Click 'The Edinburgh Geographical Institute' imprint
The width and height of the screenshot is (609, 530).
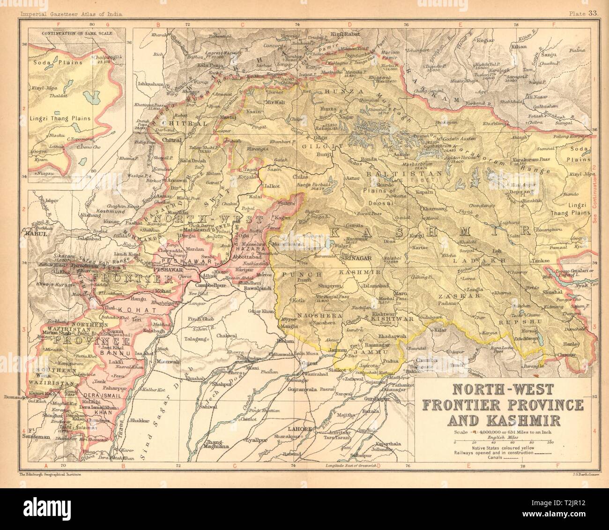49,475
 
